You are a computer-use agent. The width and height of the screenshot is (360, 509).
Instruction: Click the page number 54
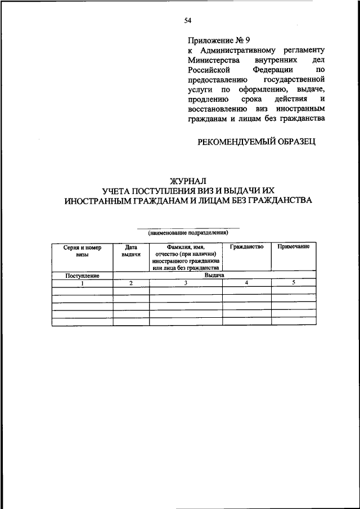coord(188,21)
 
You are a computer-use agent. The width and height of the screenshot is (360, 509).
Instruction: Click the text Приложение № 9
coord(219,40)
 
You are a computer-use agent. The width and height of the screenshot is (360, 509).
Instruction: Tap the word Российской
coord(207,70)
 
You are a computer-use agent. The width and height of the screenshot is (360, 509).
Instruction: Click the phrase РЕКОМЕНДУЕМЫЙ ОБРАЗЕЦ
coord(256,142)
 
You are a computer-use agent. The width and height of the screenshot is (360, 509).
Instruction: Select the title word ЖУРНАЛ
coord(188,181)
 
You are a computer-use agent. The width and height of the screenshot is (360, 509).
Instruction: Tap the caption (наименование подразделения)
coord(188,232)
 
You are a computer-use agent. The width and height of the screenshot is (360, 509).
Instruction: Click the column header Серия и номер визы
coord(82,251)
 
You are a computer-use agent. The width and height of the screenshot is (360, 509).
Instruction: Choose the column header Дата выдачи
coord(131,251)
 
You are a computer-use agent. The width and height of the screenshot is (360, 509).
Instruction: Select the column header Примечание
coord(293,247)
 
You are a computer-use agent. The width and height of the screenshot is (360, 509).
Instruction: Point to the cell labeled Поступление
coord(82,276)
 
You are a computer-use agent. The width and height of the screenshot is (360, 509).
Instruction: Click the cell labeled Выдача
coord(214,276)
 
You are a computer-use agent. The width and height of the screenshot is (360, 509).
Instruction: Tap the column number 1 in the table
coord(82,283)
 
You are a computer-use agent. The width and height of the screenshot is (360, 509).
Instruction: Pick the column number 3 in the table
coord(185,283)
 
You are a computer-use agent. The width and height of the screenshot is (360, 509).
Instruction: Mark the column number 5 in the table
coord(293,283)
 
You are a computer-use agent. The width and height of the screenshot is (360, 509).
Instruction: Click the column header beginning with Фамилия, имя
coord(185,258)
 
